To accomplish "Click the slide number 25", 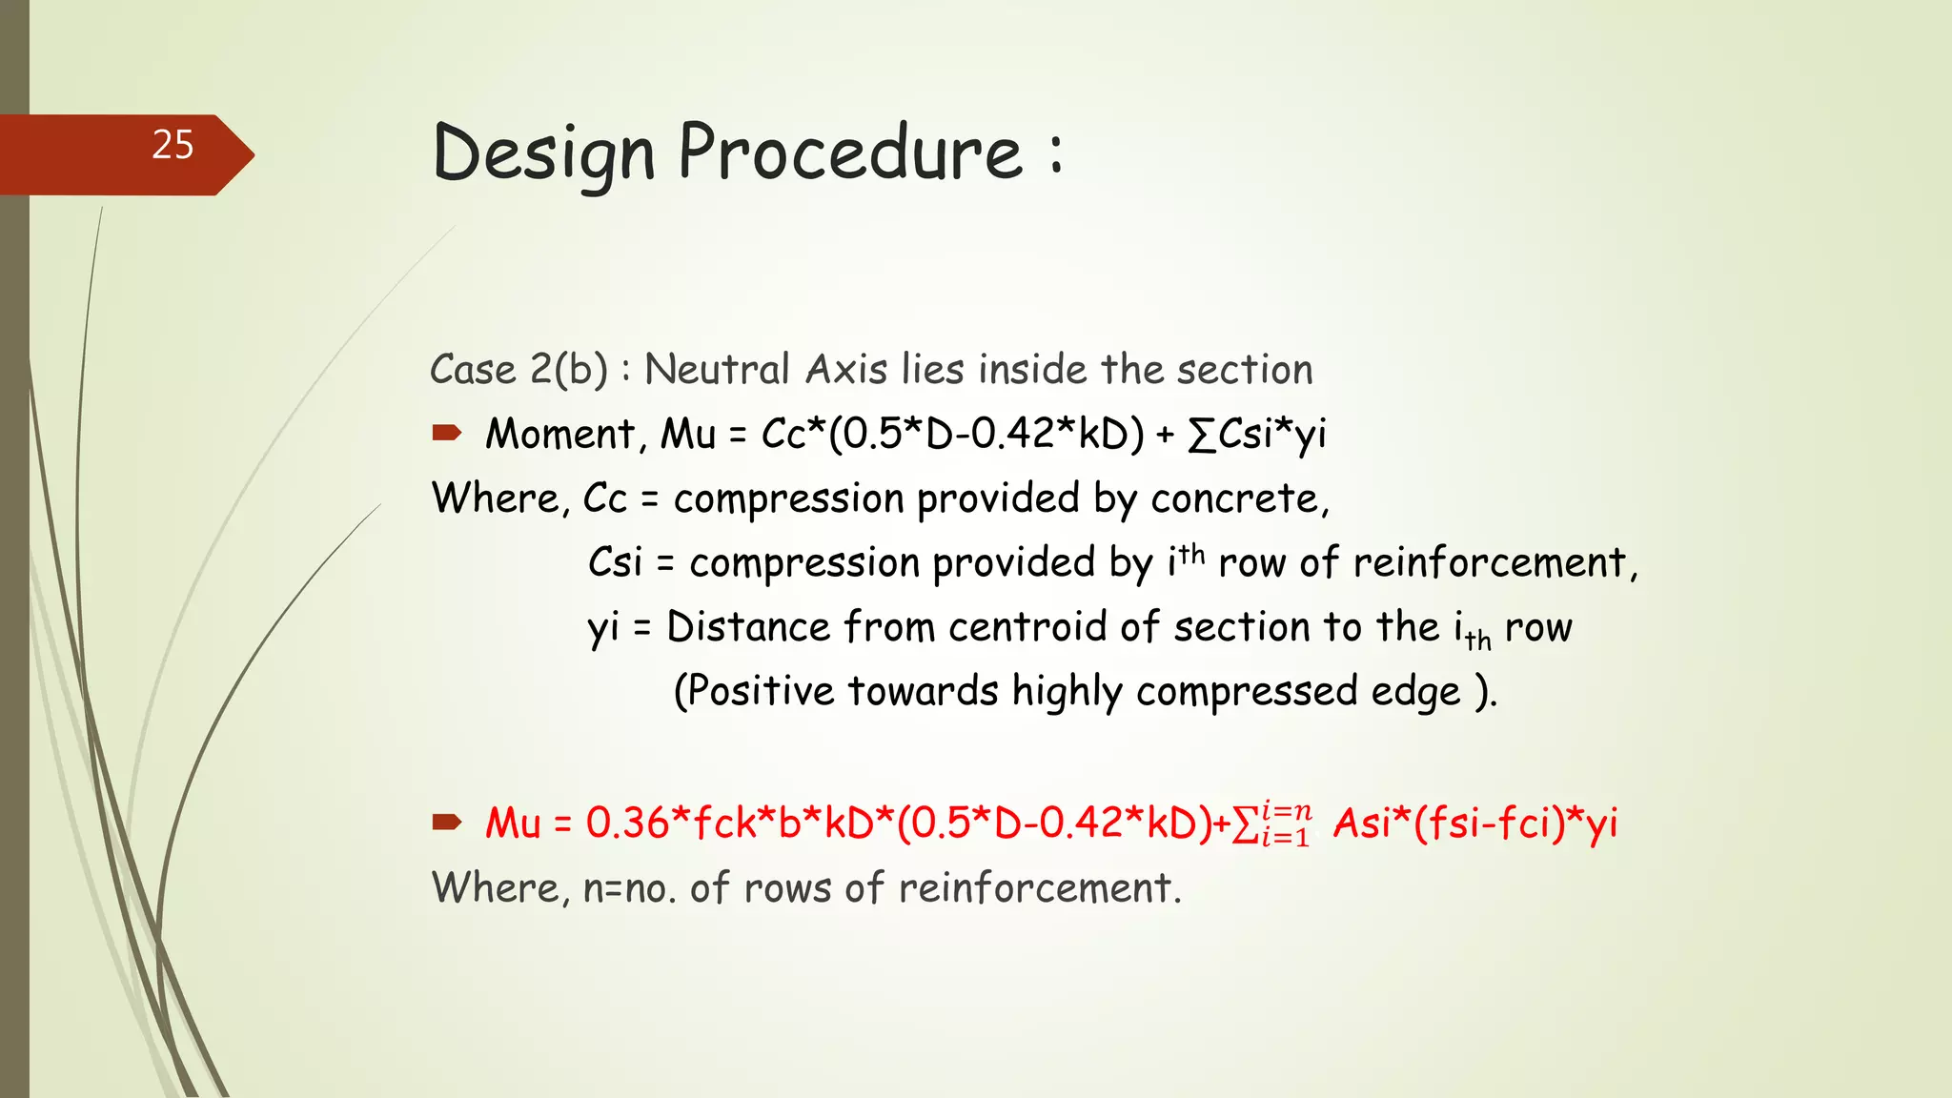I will click(x=173, y=145).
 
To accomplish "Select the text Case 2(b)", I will click(x=518, y=370).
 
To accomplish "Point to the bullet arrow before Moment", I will click(x=446, y=434).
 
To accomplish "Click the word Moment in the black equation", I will click(x=560, y=435).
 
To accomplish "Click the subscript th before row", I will click(x=1478, y=640).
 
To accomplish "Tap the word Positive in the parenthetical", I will click(x=760, y=691).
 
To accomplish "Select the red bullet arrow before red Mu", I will click(x=446, y=822).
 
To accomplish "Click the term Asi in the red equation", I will click(x=1363, y=823).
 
